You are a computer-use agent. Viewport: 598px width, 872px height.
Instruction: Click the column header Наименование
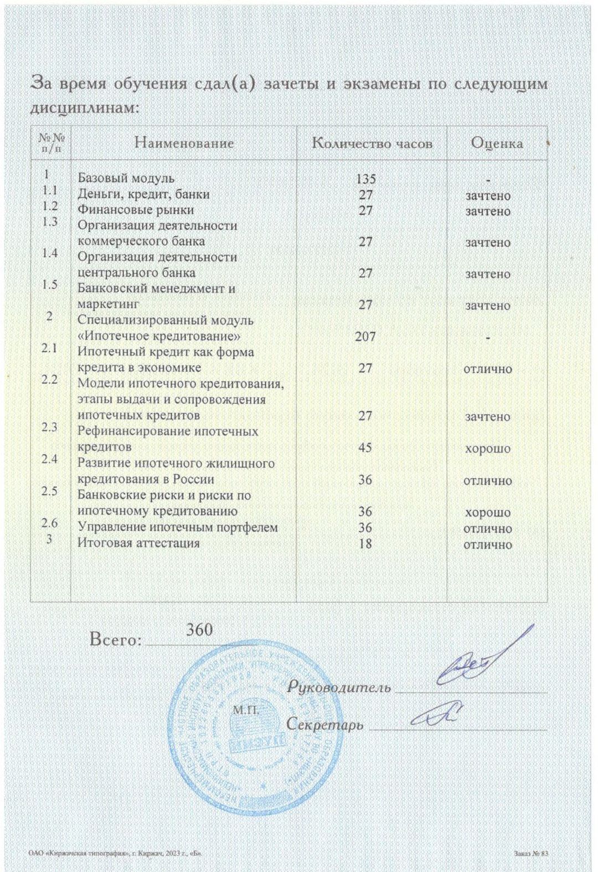tap(184, 143)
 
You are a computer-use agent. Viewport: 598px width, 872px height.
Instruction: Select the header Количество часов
tap(372, 143)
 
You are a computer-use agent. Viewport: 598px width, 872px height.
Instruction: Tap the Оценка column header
tap(497, 143)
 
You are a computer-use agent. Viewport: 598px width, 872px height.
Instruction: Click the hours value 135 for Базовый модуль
tap(365, 179)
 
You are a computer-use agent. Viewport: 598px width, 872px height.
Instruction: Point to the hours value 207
tap(365, 337)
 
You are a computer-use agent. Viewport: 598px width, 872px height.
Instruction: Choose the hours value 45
tap(365, 447)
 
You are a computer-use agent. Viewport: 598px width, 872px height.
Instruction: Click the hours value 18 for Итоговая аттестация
tap(365, 544)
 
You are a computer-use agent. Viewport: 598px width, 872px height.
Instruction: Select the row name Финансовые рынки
tap(136, 210)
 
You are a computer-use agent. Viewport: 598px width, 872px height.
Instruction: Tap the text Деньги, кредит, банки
tap(143, 195)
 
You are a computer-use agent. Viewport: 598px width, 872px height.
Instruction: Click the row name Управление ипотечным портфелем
tap(177, 528)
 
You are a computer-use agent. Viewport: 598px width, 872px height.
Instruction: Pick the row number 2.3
tap(50, 427)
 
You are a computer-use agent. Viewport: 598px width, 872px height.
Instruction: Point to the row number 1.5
tap(50, 285)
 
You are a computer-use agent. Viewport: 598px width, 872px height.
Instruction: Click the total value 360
tap(199, 630)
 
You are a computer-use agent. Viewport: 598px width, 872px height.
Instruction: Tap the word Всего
tap(115, 640)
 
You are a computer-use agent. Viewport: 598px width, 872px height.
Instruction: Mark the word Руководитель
tap(339, 688)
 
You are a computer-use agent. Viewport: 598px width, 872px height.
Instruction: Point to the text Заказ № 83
tap(531, 854)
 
